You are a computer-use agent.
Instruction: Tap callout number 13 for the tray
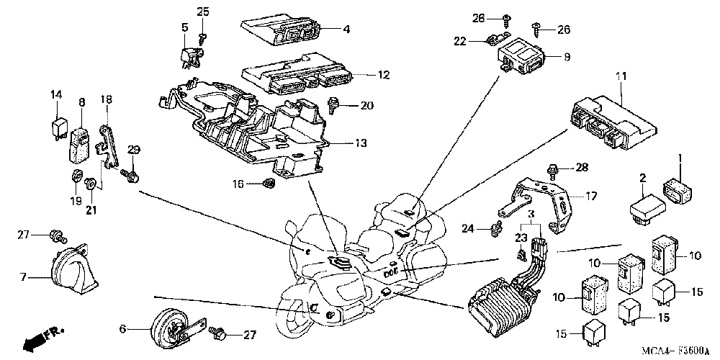pyautogui.click(x=361, y=143)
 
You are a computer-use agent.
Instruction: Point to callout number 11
pyautogui.click(x=621, y=76)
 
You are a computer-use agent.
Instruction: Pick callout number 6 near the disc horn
pyautogui.click(x=122, y=328)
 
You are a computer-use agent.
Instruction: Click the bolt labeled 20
pyautogui.click(x=336, y=105)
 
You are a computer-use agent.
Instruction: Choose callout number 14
pyautogui.click(x=56, y=95)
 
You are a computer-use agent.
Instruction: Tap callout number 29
pyautogui.click(x=132, y=149)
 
